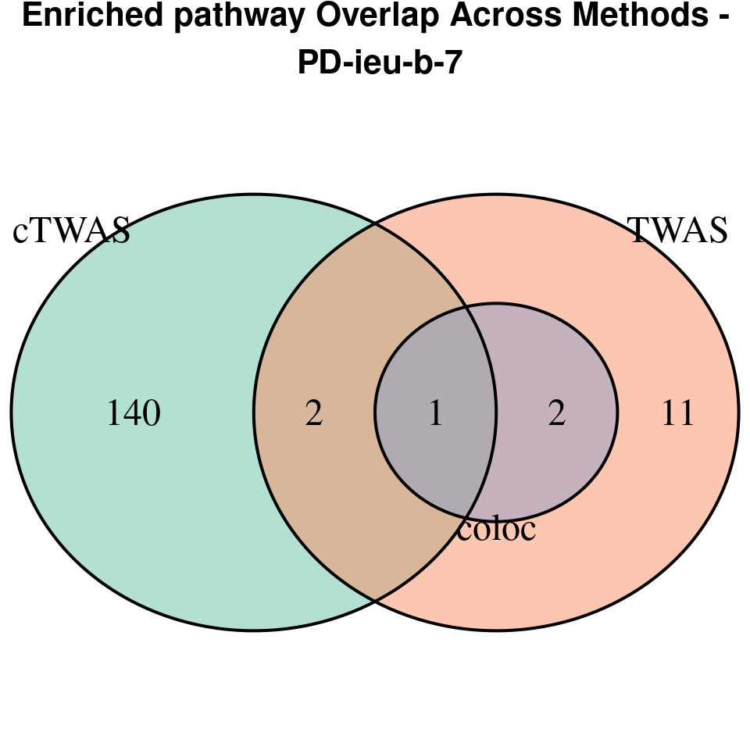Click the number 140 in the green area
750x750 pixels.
pyautogui.click(x=134, y=413)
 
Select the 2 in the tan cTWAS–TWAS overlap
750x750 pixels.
pyautogui.click(x=313, y=413)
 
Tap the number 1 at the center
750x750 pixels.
pyautogui.click(x=435, y=413)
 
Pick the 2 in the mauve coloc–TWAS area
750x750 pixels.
pyautogui.click(x=556, y=413)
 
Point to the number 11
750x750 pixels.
pyautogui.click(x=677, y=413)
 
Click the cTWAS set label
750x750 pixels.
pyautogui.click(x=71, y=231)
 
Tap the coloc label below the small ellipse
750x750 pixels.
pyautogui.click(x=496, y=530)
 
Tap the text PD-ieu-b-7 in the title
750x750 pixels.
pyautogui.click(x=380, y=63)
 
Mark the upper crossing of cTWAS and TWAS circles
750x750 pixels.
pyautogui.click(x=375, y=224)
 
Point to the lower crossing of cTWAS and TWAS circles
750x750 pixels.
pyautogui.click(x=375, y=600)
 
